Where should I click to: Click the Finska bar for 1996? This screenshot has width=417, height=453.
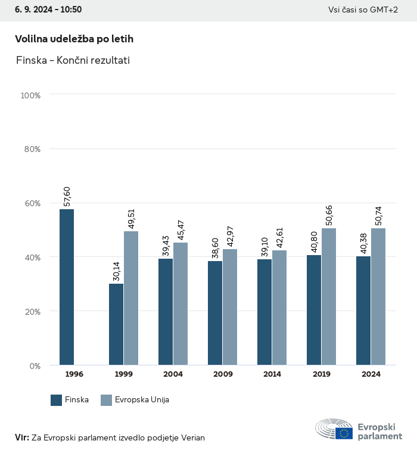[x=67, y=287]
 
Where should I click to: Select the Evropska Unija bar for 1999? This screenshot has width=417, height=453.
[x=131, y=298]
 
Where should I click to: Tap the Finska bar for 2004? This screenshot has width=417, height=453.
[x=166, y=312]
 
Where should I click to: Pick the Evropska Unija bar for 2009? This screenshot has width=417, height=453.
[x=230, y=307]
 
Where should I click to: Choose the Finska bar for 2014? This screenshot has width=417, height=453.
[x=264, y=312]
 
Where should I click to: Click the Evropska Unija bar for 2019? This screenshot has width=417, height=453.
[x=329, y=297]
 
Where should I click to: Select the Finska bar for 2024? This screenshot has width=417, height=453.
[x=363, y=311]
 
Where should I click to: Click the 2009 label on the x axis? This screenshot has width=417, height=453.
[x=222, y=374]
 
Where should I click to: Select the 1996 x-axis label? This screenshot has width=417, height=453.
[x=74, y=374]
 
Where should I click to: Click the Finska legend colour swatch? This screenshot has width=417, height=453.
[x=57, y=400]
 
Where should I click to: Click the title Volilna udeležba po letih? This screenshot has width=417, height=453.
[x=74, y=39]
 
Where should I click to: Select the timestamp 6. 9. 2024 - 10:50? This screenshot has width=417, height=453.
[x=48, y=10]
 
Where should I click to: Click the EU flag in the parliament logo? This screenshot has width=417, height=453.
[x=344, y=433]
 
